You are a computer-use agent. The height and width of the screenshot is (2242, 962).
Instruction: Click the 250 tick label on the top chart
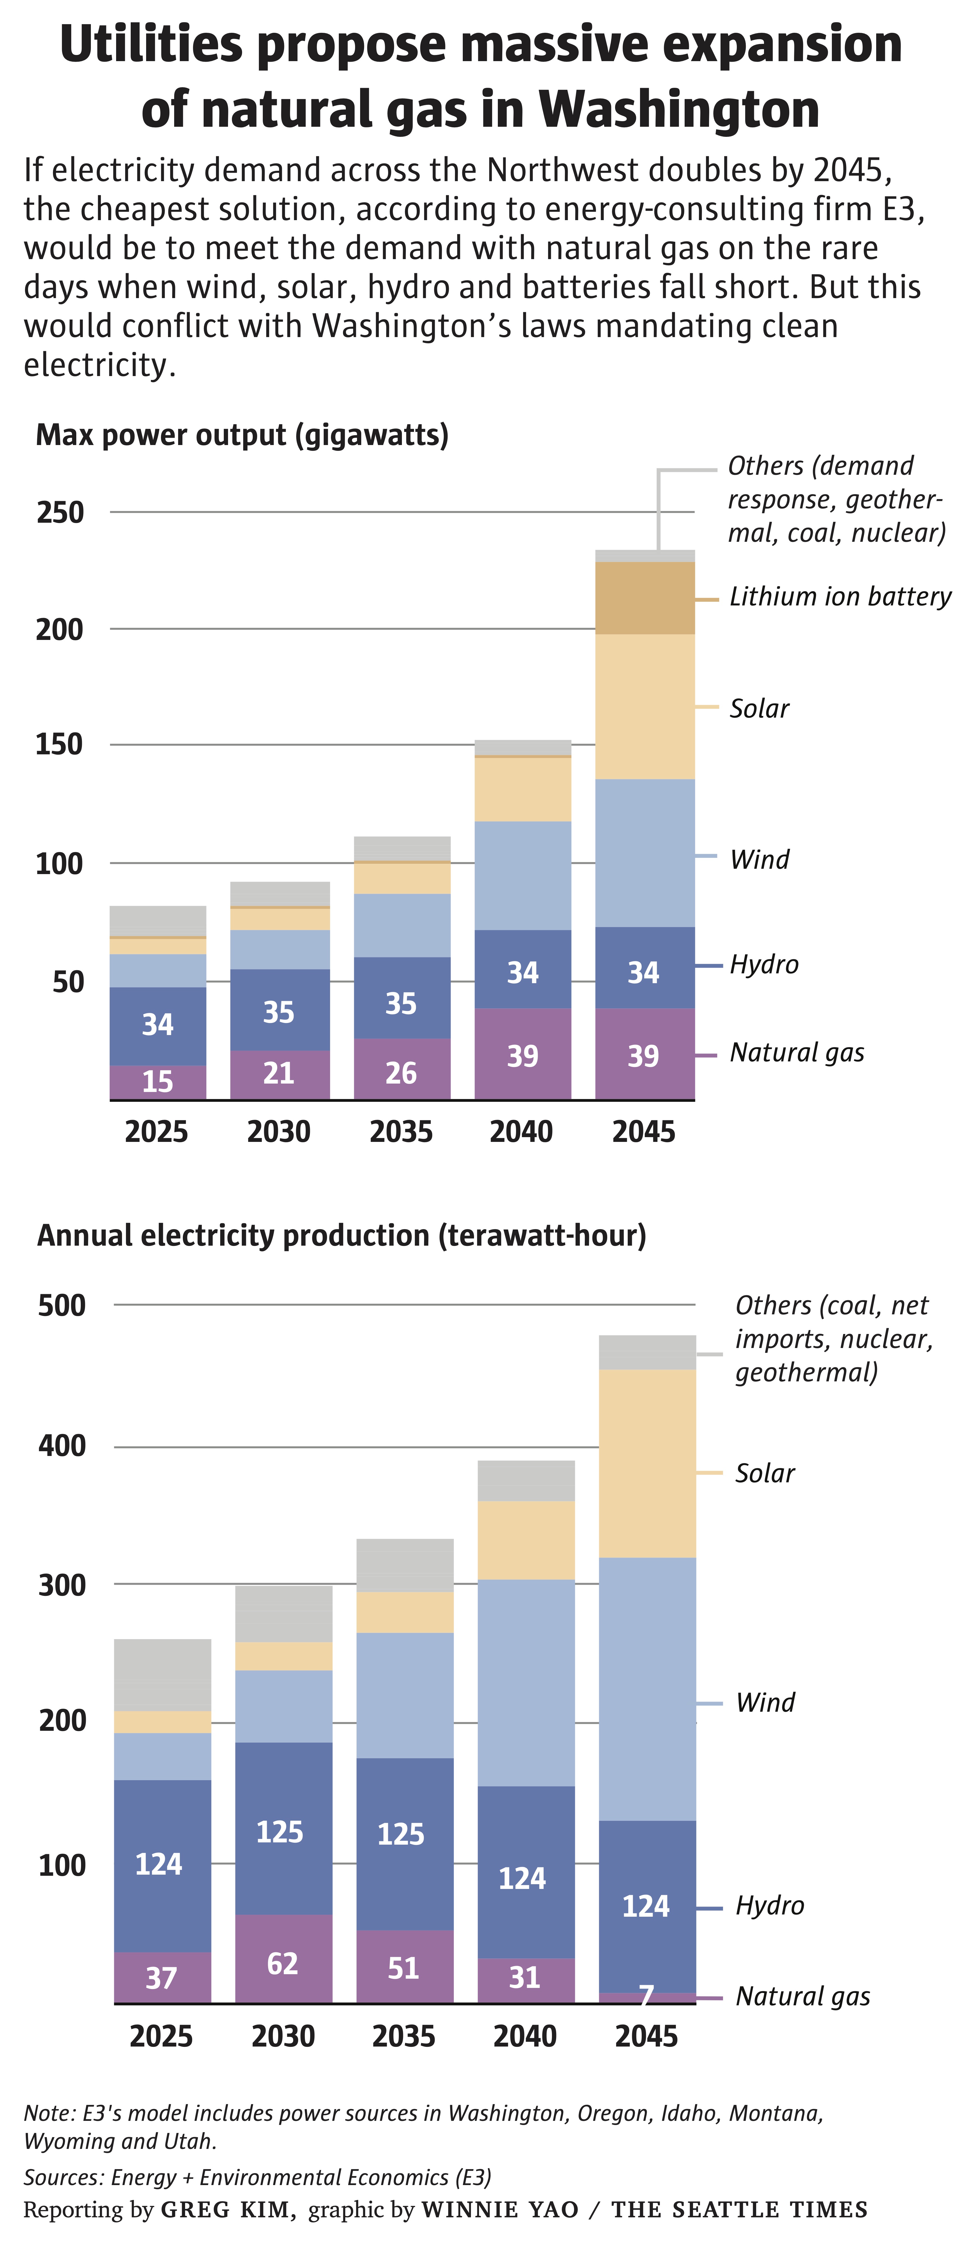coord(60,512)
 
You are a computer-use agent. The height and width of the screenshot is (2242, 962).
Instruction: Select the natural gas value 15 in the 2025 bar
coord(158,1082)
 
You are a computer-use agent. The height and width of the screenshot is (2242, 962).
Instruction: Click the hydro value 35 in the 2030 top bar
coord(279,1012)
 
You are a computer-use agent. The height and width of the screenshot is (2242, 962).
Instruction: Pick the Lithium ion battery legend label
coord(840,597)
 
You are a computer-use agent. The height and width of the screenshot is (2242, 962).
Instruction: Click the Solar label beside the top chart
coord(759,708)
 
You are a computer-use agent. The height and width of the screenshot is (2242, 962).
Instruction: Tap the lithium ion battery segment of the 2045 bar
coord(645,598)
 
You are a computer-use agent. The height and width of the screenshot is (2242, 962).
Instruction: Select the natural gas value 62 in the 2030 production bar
coord(282,1964)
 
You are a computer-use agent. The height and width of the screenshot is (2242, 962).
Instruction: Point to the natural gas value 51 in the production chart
coord(403,1968)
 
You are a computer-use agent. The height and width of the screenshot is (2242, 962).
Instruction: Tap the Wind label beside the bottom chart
coord(765,1702)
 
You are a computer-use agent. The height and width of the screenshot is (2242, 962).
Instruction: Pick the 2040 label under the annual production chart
coord(525,2037)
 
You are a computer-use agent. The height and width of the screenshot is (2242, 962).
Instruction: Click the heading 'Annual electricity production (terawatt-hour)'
coord(341,1236)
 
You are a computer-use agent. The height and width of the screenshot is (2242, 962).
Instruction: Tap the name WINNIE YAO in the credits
coord(500,2210)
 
